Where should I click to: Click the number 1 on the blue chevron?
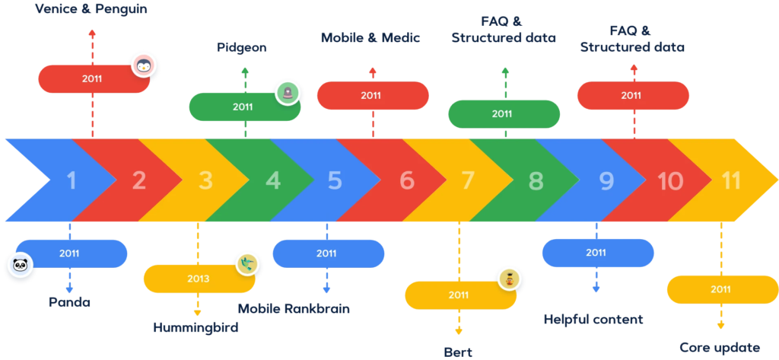(72, 181)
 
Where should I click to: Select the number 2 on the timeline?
(138, 181)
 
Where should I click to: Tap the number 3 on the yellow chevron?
(205, 181)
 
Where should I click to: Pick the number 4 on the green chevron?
(273, 181)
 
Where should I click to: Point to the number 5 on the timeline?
(335, 181)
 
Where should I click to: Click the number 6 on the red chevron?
(407, 181)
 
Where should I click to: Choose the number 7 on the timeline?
(468, 181)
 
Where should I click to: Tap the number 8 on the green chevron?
(536, 181)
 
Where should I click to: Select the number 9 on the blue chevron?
(606, 181)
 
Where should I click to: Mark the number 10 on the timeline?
(670, 181)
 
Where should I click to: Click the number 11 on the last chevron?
(731, 181)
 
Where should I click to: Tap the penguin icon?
(142, 66)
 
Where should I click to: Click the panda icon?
(18, 266)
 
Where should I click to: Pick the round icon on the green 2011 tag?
(288, 92)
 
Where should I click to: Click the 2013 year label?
(199, 279)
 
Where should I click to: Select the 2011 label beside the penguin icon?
(92, 78)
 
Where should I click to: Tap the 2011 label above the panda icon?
(69, 253)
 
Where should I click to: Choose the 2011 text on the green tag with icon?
(243, 107)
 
